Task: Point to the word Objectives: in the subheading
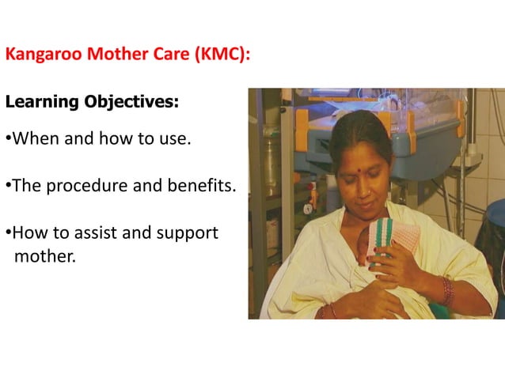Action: [x=127, y=103]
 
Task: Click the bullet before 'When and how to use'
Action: [x=7, y=140]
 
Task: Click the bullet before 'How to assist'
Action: [x=7, y=234]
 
